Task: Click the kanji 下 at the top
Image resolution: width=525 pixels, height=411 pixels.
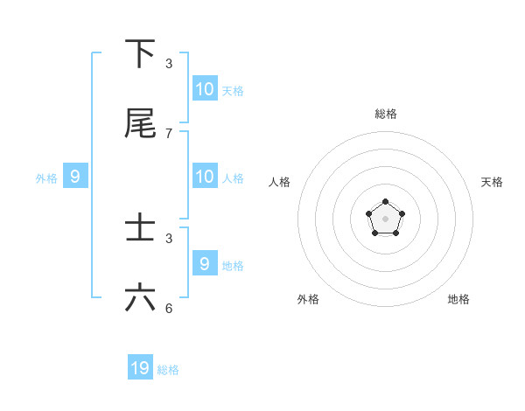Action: [140, 54]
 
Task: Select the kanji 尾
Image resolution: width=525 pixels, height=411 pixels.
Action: [140, 123]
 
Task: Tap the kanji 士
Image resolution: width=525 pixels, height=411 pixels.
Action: [140, 228]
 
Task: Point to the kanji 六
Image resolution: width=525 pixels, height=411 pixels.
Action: [140, 298]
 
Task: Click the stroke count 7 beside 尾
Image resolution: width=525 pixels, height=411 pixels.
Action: [169, 134]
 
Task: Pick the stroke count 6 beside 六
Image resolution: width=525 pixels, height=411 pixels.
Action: [169, 309]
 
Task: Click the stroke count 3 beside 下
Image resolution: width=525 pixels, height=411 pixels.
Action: [169, 64]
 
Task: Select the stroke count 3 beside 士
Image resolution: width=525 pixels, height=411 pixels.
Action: [169, 239]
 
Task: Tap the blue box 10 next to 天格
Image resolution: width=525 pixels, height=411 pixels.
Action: [204, 88]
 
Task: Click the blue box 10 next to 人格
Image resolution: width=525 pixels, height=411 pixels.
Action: [204, 176]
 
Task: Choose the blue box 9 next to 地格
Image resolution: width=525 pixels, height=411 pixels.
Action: [204, 263]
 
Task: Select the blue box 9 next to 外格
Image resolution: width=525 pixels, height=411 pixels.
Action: [75, 176]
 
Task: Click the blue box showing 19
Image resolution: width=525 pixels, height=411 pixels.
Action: [140, 368]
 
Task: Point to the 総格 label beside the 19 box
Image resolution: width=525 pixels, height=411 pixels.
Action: [168, 370]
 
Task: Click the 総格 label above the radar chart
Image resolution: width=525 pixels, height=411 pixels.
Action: [386, 114]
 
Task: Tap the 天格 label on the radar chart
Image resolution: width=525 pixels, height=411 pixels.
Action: [492, 182]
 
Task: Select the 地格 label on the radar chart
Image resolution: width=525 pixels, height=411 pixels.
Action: [458, 299]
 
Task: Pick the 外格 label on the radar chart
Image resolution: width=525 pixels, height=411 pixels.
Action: [308, 299]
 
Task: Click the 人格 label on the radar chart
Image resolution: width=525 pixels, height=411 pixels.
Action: [279, 182]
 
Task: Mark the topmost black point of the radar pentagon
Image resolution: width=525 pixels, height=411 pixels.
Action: [385, 202]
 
